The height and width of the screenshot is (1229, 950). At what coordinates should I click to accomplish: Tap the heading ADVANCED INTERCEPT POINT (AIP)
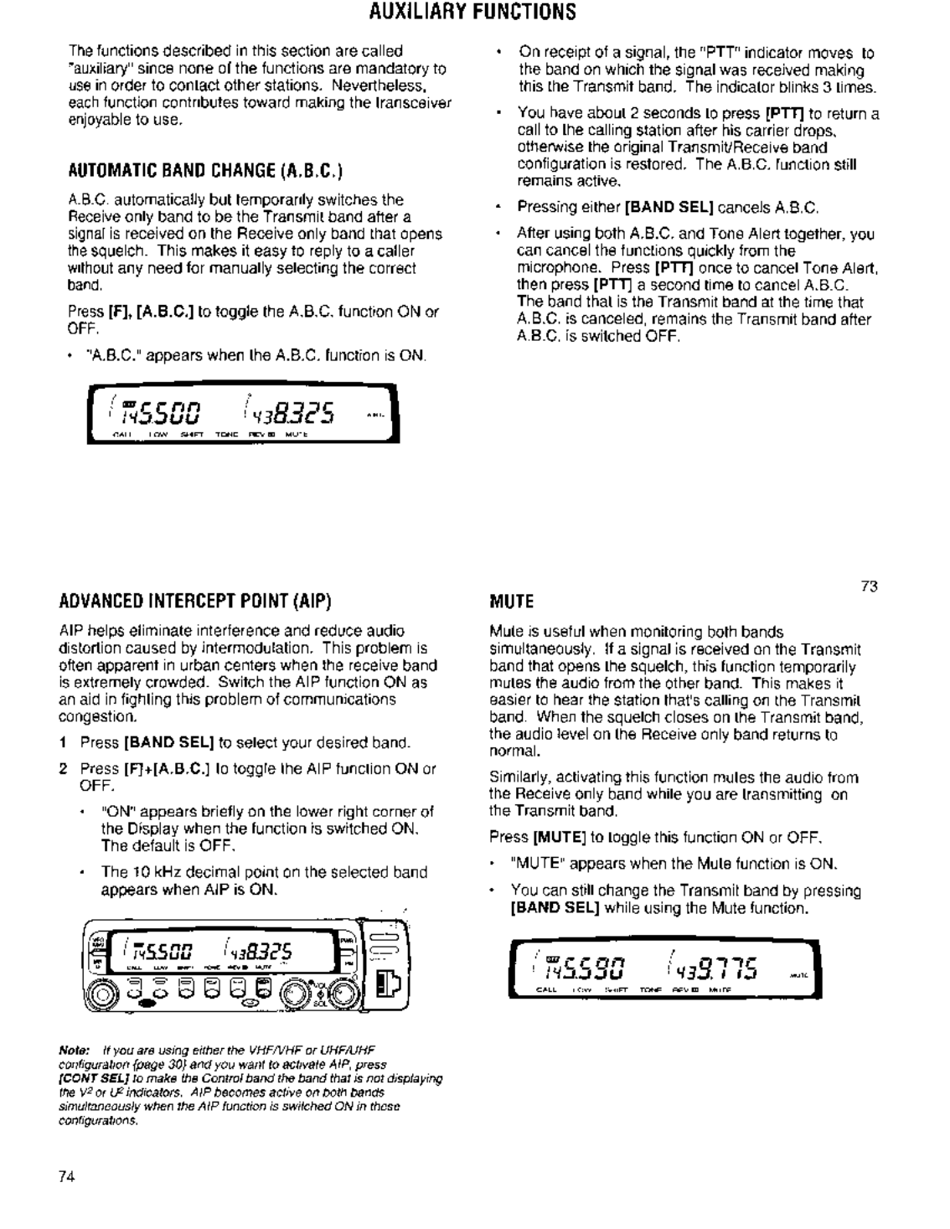tap(194, 602)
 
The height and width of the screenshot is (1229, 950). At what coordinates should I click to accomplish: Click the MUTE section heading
tap(511, 602)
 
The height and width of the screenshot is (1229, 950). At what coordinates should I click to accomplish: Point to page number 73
tap(869, 586)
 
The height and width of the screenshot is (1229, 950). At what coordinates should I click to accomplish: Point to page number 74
tap(67, 1175)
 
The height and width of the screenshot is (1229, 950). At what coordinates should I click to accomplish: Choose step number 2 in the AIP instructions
tap(63, 768)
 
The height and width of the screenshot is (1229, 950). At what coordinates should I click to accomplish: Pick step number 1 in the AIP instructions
tap(63, 742)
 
